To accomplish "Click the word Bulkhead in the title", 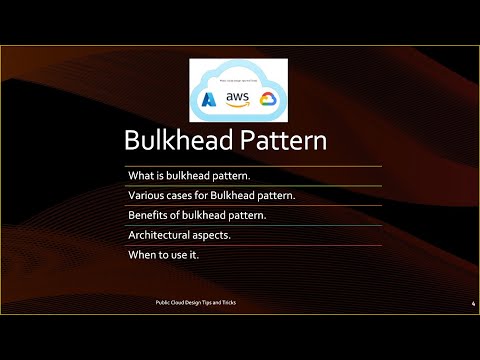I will (x=179, y=140).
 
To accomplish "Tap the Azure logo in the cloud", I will (x=209, y=99).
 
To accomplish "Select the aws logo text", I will (x=237, y=96).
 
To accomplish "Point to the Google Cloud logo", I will (x=267, y=99).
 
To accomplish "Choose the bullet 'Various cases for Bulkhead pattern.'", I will (x=211, y=195).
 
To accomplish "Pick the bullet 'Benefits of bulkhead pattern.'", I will (x=197, y=215).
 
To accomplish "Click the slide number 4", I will (x=472, y=303).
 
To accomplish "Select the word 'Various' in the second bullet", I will (x=145, y=195).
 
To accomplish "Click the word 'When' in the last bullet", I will (x=142, y=255).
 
